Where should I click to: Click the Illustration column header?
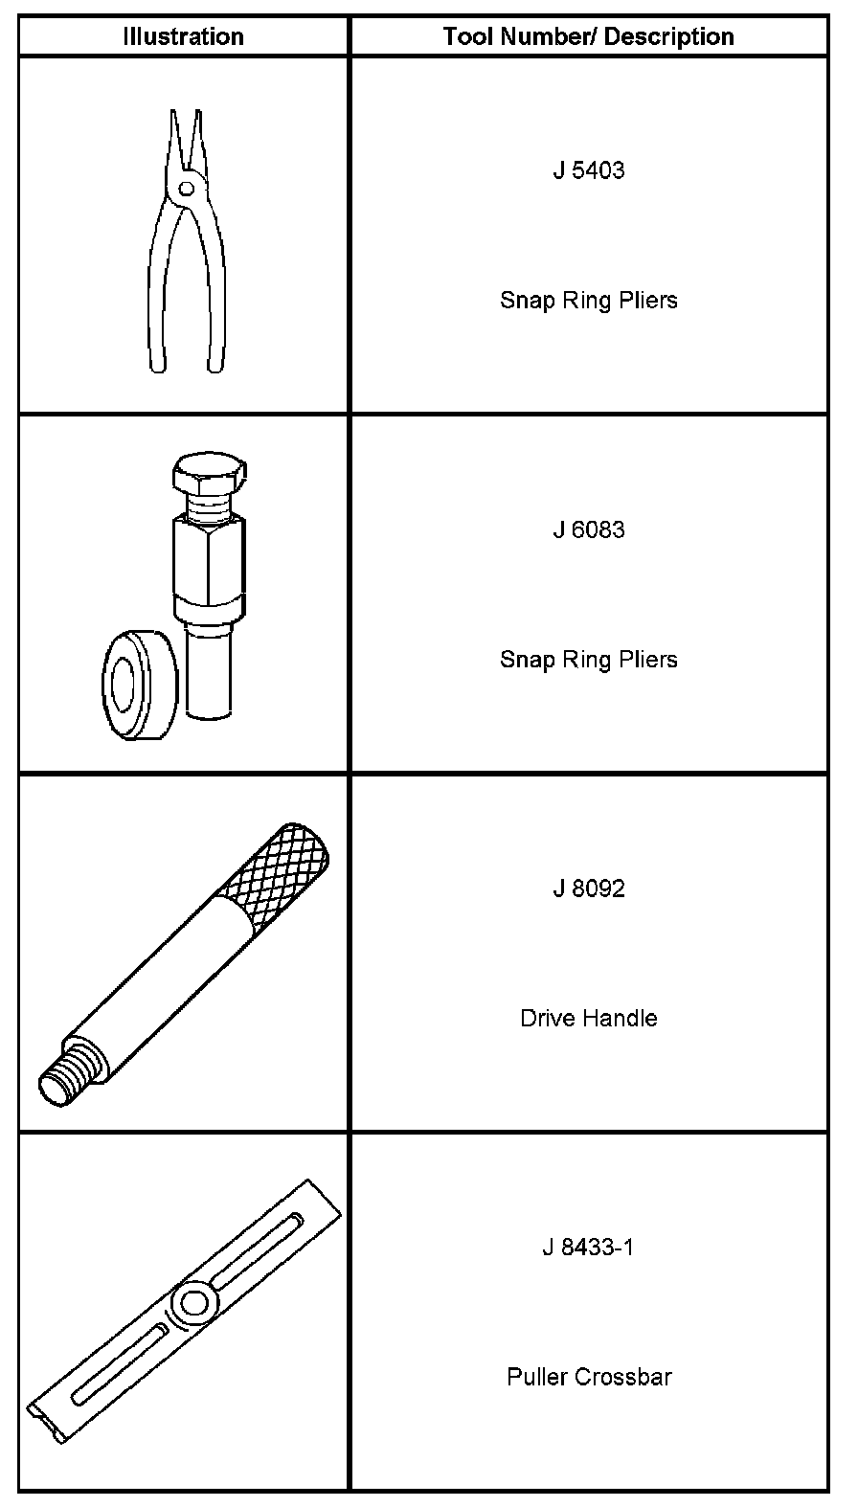tap(183, 37)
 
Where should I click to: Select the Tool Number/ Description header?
tap(588, 37)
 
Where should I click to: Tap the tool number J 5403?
tap(588, 170)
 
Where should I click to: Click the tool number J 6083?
tap(588, 529)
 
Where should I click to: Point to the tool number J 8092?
tap(588, 888)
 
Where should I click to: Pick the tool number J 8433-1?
tap(588, 1248)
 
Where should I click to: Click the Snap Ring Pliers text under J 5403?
tap(588, 301)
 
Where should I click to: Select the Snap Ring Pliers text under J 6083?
tap(588, 660)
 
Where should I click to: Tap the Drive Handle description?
tap(588, 1018)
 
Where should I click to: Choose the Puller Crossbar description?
tap(588, 1377)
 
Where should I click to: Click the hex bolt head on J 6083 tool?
tap(209, 473)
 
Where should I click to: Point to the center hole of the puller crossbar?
tap(195, 1302)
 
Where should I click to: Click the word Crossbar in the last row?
tap(623, 1377)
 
